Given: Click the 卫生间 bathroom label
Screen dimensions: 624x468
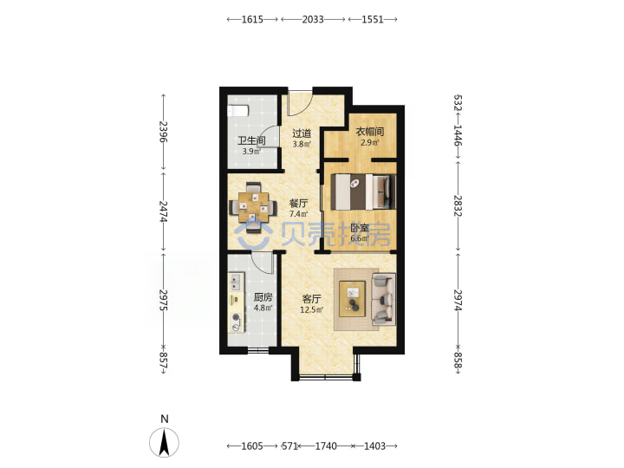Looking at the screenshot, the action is point(251,140).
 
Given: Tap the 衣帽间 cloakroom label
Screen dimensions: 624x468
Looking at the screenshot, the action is point(370,132).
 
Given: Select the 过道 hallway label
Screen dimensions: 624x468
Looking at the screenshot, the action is point(302,133).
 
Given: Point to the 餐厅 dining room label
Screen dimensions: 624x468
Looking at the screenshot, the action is point(298,204).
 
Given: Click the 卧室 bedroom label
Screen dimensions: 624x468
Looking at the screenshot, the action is point(360,229).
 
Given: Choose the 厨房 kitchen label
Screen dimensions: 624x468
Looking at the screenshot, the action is point(263,297).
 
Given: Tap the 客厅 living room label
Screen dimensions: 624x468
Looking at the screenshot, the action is point(311,299).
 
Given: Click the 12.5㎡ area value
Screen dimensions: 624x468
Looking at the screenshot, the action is point(312,309).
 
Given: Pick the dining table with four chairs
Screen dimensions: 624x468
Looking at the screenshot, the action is point(253,207).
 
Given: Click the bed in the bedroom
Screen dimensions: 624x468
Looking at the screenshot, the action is point(363,192).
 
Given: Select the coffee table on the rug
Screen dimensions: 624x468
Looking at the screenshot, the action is point(352,299).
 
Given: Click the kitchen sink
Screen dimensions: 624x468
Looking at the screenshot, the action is point(236,282).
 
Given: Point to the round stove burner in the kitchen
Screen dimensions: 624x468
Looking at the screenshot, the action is point(237,317).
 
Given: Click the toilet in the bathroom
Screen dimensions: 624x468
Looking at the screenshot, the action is point(237,111).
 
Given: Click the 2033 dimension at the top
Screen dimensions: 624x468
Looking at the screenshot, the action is point(313,19).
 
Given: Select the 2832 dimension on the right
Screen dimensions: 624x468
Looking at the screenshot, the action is point(458,205).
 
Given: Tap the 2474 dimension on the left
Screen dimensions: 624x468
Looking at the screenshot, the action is point(163,211).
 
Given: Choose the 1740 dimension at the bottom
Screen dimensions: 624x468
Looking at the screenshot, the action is point(326,446).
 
